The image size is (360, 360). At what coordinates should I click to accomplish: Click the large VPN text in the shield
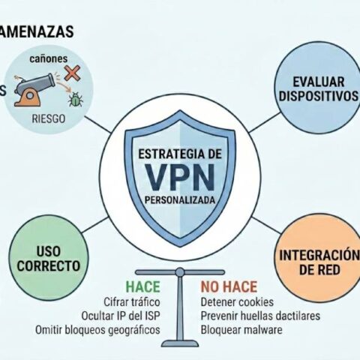coord(180,177)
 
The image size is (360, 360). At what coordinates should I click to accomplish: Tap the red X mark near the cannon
coord(72,73)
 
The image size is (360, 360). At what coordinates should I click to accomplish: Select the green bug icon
coord(76,99)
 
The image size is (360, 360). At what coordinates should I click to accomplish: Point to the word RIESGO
coord(49,118)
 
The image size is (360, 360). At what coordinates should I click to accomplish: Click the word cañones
coord(49,58)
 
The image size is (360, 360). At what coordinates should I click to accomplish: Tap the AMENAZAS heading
coord(37,31)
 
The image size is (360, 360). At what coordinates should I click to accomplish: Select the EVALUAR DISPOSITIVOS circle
coord(317,88)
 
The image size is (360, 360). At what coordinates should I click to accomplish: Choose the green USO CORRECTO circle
coord(49,259)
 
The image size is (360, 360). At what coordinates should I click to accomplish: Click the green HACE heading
coord(142,286)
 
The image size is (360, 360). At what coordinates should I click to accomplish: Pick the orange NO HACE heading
coord(229,286)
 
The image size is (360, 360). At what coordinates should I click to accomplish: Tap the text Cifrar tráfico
coord(132,301)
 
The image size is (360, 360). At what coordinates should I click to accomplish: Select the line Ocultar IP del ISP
coord(121,316)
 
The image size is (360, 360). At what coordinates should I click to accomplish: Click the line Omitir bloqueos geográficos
coord(97,330)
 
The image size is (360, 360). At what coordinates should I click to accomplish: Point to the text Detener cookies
coord(237,302)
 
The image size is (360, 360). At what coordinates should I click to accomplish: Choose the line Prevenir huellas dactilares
coord(260,316)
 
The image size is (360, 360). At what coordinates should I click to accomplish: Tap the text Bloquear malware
coord(241,330)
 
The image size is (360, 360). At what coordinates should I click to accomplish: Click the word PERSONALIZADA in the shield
coord(180,200)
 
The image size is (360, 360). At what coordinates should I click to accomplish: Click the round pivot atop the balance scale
coord(180,272)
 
